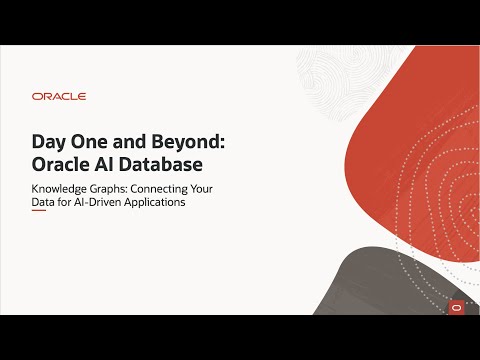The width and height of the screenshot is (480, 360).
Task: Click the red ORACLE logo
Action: (x=59, y=97)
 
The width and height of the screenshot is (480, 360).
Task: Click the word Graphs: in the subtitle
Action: (x=122, y=187)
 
